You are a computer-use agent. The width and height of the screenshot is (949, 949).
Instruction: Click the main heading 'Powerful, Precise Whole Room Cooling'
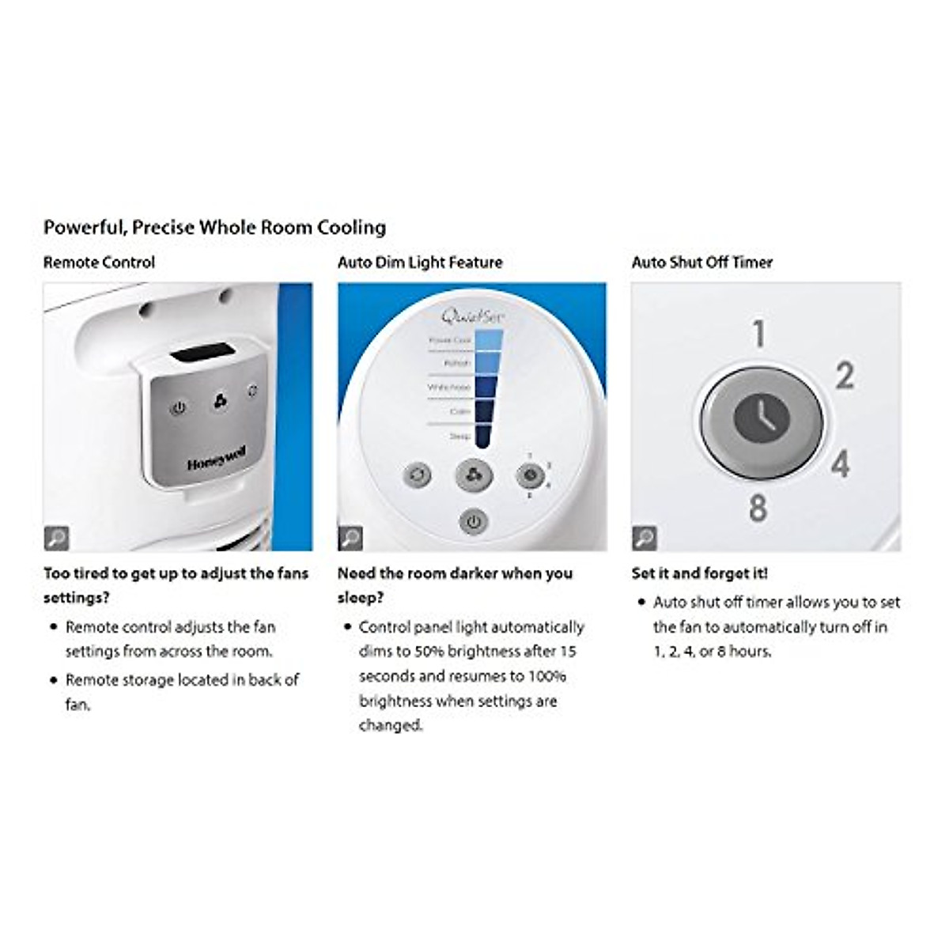coord(214,228)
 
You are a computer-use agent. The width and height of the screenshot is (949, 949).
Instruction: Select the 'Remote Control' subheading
coord(99,263)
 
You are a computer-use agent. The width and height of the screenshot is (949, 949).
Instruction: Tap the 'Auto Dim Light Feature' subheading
coord(420,263)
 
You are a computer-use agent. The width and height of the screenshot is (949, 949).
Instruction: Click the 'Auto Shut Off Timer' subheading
coord(701,263)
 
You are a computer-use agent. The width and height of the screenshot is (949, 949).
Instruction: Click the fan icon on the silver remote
coord(220,403)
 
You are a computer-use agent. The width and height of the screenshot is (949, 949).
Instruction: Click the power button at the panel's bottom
coord(473,523)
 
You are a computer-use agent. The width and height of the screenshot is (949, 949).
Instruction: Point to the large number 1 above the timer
coord(758,335)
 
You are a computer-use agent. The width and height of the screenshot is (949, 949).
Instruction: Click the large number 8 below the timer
coord(758,508)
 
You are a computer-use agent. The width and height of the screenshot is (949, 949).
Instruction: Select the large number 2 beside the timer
coord(845,376)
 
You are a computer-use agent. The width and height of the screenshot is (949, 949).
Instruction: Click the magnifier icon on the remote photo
coord(56,538)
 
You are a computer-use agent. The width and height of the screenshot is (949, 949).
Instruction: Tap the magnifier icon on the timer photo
coord(645,538)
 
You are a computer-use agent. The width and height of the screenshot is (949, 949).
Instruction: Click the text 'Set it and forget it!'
coord(699,573)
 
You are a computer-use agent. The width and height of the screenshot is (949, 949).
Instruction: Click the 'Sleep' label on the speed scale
coord(459,437)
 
